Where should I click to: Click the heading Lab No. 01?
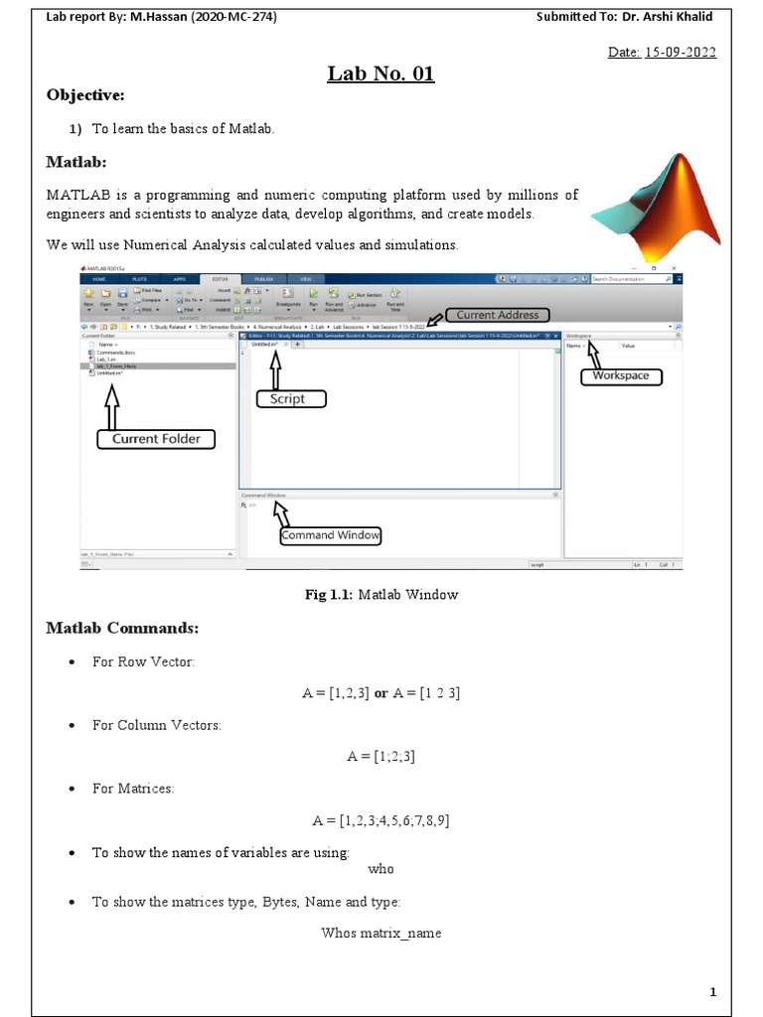381,74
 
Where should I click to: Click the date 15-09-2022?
679,53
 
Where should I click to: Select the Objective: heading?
86,94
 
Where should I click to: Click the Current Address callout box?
497,315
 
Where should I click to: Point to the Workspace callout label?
620,375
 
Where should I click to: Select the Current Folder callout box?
155,438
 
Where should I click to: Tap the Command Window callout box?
331,535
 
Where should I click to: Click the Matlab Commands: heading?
122,629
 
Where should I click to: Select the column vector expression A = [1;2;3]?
381,757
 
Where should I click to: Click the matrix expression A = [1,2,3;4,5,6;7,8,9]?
381,820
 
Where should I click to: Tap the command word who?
381,869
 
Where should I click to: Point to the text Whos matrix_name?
381,933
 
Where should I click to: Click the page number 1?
712,992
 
